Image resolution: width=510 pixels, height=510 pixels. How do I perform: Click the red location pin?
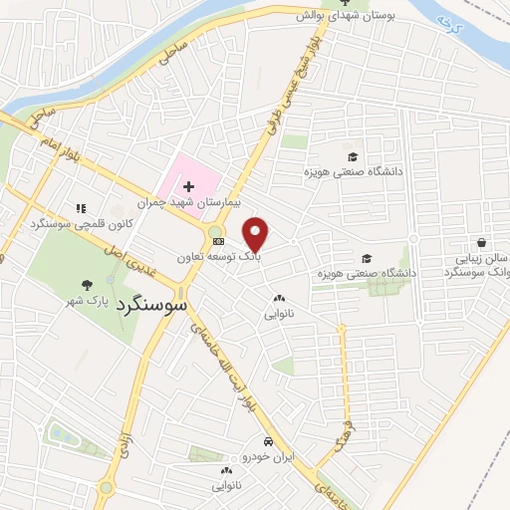(x=256, y=235)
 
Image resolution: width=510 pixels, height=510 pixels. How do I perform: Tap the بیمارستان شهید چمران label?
(x=190, y=202)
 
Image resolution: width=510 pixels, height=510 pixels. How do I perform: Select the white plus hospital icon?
(x=189, y=186)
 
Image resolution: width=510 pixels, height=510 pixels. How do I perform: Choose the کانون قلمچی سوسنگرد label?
(x=80, y=223)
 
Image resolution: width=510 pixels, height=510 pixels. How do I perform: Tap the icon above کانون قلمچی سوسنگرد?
(x=81, y=208)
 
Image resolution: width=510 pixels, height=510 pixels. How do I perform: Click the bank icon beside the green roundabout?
(x=220, y=242)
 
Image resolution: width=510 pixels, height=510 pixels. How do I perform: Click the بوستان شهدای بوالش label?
(x=355, y=17)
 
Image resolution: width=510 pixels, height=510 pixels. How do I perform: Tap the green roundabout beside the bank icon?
(x=213, y=234)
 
